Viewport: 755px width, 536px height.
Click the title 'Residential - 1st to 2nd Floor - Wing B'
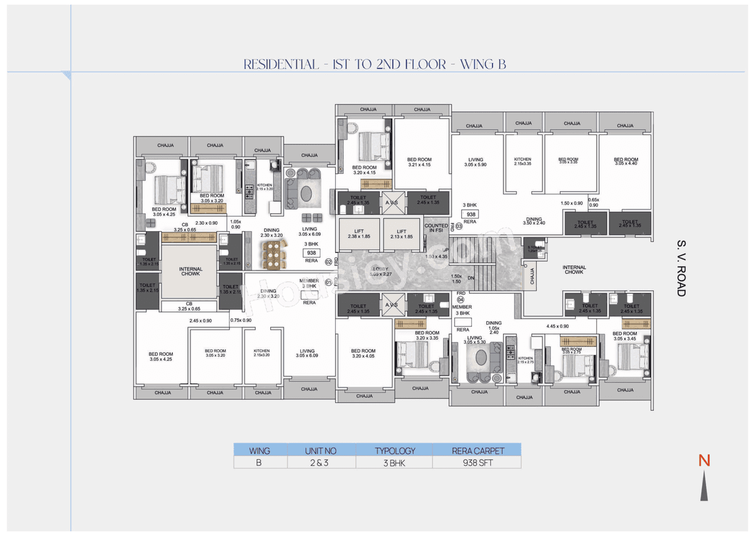[375, 64]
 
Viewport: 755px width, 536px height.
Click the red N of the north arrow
[704, 461]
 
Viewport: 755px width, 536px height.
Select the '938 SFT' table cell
[477, 463]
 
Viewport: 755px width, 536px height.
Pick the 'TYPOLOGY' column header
[395, 450]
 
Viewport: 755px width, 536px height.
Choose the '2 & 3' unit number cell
[321, 463]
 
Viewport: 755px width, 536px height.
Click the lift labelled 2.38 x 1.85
[359, 234]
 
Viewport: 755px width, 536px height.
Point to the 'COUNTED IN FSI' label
[436, 228]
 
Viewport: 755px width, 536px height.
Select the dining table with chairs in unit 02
[273, 254]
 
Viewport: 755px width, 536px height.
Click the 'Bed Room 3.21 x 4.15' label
[419, 162]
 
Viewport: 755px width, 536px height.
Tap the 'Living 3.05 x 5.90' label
[475, 162]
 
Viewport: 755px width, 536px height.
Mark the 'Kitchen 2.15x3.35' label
[522, 162]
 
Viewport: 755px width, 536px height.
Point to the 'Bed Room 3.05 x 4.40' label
[626, 162]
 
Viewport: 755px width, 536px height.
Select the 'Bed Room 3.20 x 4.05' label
[363, 353]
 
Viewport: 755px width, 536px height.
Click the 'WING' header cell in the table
[260, 450]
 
